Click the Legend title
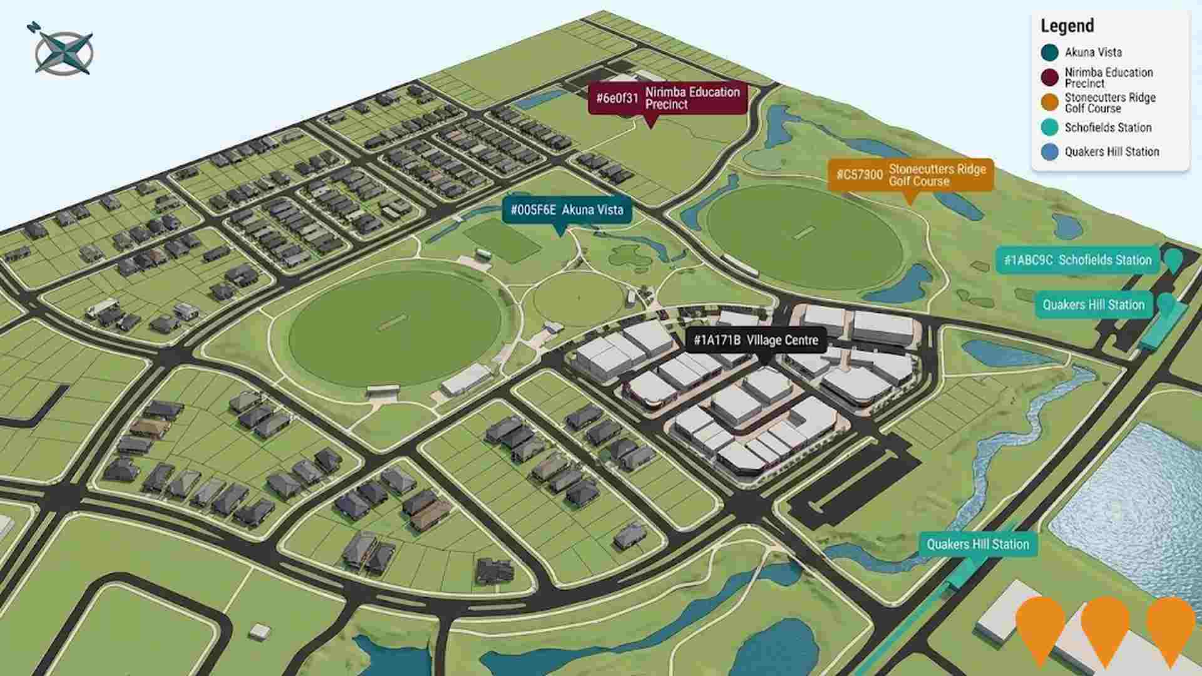point(1067,26)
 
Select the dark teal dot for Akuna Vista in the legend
point(1049,53)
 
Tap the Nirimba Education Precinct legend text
point(1108,78)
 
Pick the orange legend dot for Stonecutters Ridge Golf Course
point(1049,103)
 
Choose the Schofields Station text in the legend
point(1107,128)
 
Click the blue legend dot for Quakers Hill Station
point(1049,152)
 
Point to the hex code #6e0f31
point(617,98)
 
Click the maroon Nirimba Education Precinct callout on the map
point(667,98)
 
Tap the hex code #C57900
point(859,175)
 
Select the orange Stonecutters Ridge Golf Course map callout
point(910,175)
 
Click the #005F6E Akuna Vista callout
point(567,210)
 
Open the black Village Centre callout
point(756,341)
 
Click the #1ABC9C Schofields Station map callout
point(1077,260)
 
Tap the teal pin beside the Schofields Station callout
point(1173,259)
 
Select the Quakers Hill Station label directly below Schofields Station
point(1093,305)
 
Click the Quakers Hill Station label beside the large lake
point(977,544)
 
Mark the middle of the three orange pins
point(1105,626)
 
